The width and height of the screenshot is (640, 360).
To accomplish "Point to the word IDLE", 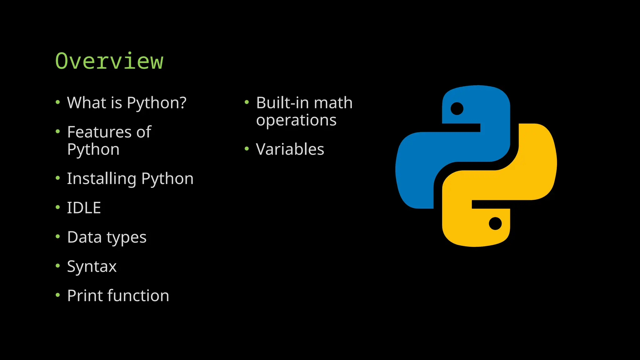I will click(x=84, y=208).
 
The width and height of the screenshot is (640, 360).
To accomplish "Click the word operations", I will click(x=296, y=120).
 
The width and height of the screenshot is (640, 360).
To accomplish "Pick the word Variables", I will click(x=290, y=149).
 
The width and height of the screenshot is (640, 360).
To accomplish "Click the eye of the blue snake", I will click(x=457, y=109).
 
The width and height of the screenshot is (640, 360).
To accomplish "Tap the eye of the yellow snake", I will click(x=495, y=223).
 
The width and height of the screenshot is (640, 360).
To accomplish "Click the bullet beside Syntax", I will click(x=57, y=266).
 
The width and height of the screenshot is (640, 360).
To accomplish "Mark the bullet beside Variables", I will click(x=247, y=149).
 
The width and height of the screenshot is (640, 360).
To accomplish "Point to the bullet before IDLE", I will click(x=57, y=207).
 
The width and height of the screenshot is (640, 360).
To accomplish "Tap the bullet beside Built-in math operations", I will click(x=247, y=102).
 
